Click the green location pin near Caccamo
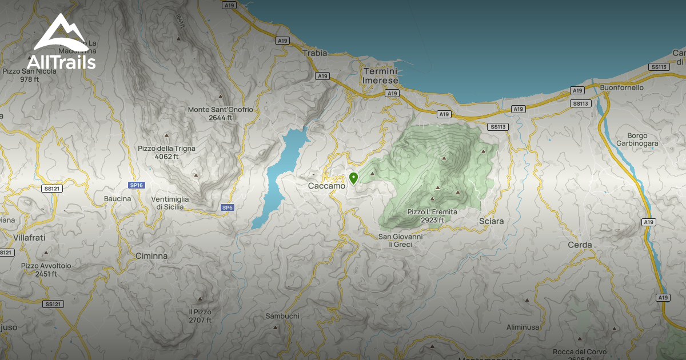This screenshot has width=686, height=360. (353, 178)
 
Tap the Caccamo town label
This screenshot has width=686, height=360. (326, 186)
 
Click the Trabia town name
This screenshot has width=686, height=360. (314, 53)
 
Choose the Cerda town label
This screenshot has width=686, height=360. (580, 245)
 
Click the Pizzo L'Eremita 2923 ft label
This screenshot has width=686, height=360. (432, 216)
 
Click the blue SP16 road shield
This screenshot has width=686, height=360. (137, 185)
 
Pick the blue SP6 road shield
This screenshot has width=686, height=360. (227, 207)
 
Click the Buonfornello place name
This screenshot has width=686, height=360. (622, 87)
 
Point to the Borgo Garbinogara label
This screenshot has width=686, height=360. (638, 139)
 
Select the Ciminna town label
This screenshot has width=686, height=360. (151, 256)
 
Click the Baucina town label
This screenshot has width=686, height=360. (117, 199)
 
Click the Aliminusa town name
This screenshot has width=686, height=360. (523, 327)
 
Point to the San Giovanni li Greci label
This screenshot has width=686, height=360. (400, 240)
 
